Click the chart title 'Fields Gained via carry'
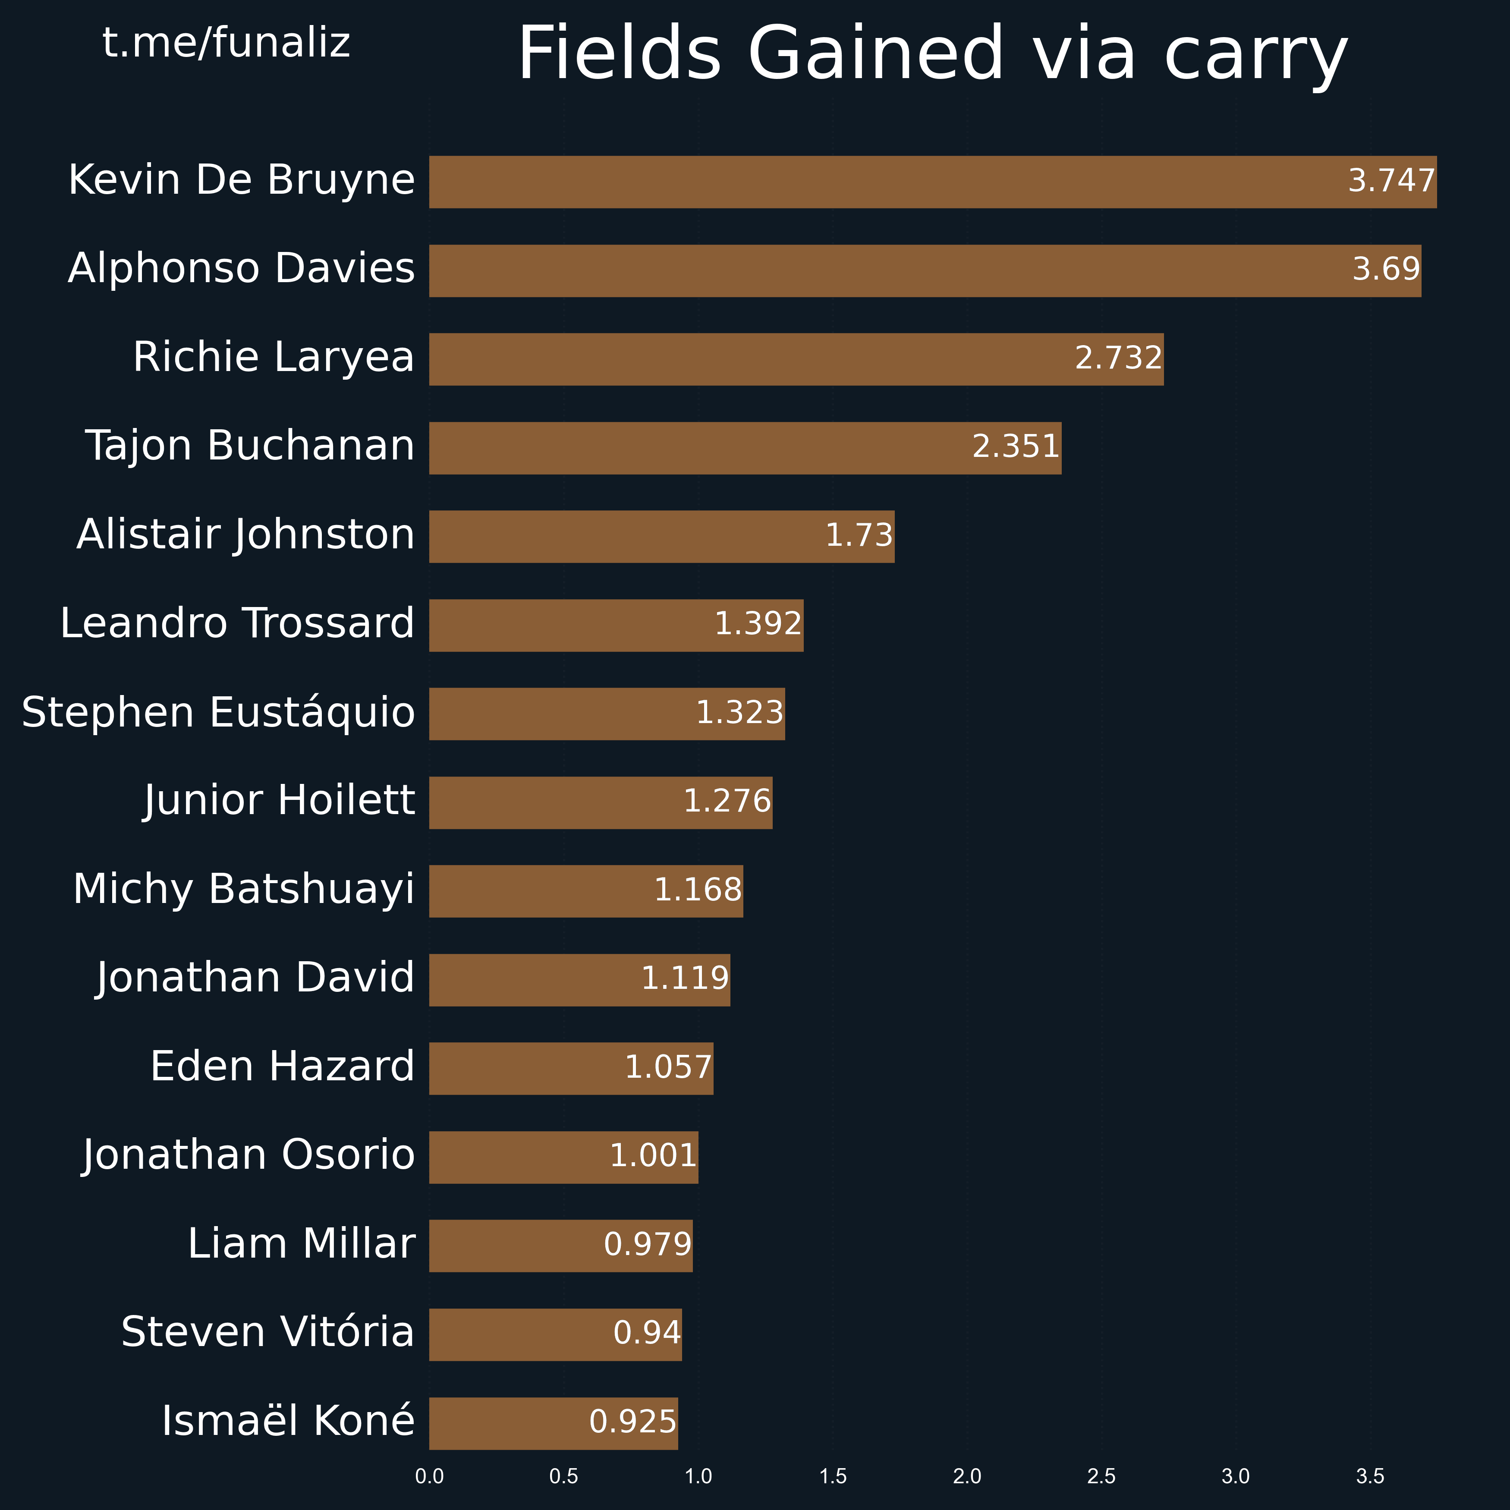pyautogui.click(x=932, y=53)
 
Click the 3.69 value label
pyautogui.click(x=1386, y=270)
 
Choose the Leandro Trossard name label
pyautogui.click(x=237, y=624)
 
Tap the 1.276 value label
pyautogui.click(x=727, y=801)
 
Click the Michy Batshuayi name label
pyautogui.click(x=243, y=890)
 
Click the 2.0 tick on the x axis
pyautogui.click(x=967, y=1476)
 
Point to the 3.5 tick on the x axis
pyautogui.click(x=1370, y=1476)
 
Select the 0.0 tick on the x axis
pyautogui.click(x=429, y=1476)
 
